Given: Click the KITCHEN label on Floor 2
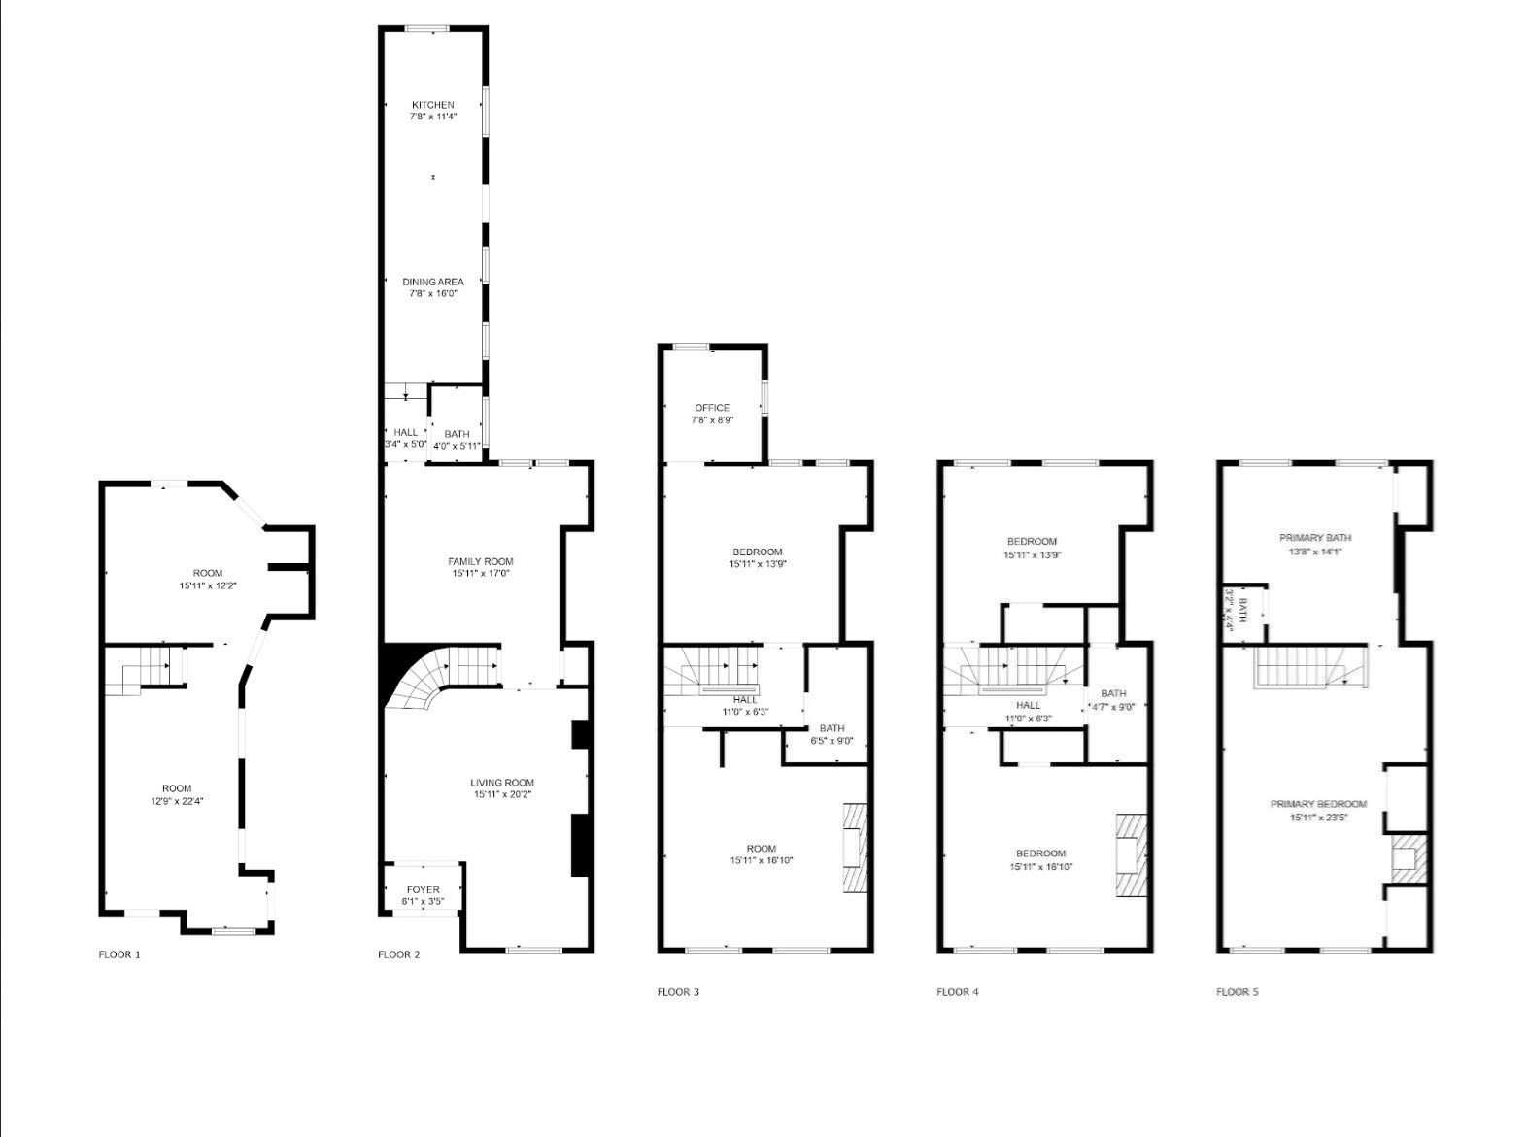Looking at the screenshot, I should [x=432, y=105].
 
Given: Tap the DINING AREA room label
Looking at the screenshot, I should [x=433, y=282].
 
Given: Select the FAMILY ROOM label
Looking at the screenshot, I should [x=481, y=561].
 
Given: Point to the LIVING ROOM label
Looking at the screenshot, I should [x=502, y=783].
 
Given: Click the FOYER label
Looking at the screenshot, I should [x=423, y=889].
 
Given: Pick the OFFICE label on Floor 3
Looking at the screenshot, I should [x=712, y=408].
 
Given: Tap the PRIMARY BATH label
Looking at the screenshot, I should [x=1315, y=538].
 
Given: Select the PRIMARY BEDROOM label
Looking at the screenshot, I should [x=1318, y=804].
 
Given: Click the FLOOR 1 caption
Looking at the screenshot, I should [x=119, y=954].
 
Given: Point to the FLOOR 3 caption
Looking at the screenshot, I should [x=678, y=992].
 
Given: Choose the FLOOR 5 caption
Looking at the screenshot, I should [x=1238, y=992].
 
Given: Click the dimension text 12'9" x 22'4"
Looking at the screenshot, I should [x=177, y=801].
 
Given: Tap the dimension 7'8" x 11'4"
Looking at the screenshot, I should [x=433, y=117].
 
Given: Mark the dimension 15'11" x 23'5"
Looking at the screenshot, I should [x=1318, y=817].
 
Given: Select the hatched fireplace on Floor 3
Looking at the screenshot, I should [x=854, y=846].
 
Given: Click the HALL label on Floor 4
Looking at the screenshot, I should [x=1028, y=705].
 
